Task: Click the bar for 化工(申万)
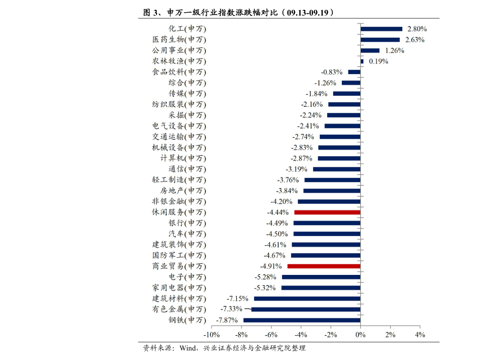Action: [x=382, y=29]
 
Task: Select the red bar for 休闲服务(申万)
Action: [x=328, y=212]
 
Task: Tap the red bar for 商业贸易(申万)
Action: [x=324, y=266]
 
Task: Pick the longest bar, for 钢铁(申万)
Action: [x=302, y=320]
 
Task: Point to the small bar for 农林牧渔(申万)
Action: [x=362, y=61]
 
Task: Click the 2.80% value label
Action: [x=417, y=29]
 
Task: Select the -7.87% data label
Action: [x=227, y=320]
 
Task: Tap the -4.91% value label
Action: [x=271, y=266]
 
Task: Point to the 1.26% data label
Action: [x=395, y=51]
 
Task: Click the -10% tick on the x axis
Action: [x=211, y=335]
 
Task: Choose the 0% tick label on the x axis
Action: [x=361, y=335]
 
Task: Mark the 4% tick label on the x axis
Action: [x=420, y=335]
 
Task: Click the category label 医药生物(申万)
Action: [x=179, y=40]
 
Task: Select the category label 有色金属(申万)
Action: [x=179, y=309]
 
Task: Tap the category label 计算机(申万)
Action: [x=183, y=158]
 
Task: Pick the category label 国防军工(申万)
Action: [x=179, y=255]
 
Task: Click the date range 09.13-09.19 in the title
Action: [x=308, y=13]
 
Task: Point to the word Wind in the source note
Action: [x=188, y=348]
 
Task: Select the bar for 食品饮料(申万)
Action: [x=355, y=72]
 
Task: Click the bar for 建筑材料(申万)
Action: [x=307, y=299]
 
